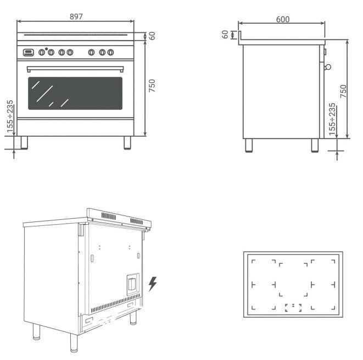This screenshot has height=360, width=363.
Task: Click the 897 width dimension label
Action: [x=76, y=16]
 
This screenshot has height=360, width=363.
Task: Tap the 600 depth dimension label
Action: [x=283, y=19]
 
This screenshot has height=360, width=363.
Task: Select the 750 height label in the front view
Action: [x=153, y=86]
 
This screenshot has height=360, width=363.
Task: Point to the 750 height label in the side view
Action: [x=344, y=91]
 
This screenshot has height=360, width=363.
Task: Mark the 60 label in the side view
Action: [x=225, y=34]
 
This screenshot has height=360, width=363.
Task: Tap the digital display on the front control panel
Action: [x=28, y=53]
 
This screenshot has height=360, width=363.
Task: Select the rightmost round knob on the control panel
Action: [x=110, y=53]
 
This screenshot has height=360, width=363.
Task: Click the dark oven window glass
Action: [x=75, y=93]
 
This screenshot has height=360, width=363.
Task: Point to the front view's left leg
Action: [x=24, y=142]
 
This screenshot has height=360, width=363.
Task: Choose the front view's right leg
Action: [x=127, y=142]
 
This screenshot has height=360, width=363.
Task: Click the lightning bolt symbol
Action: [x=153, y=284]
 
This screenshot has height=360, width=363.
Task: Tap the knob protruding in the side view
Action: [x=328, y=67]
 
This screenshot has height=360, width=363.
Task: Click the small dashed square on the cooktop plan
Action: [x=293, y=308]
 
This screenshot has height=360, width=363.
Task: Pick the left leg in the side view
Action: [x=249, y=145]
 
